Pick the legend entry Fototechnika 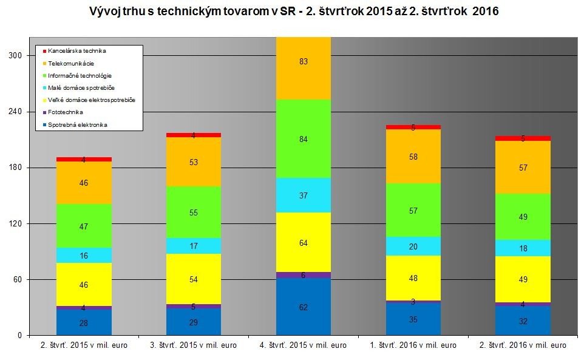coord(66,112)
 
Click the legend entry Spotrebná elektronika coord(78,125)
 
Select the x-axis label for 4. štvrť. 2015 coord(303,345)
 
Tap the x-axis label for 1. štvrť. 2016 coord(413,345)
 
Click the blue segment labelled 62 coord(303,307)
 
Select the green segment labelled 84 coord(303,139)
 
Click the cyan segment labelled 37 coord(303,195)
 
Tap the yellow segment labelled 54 coord(194,279)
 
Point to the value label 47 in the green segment coord(84,226)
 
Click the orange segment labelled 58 coord(413,157)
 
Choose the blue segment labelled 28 coord(84,323)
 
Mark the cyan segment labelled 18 coord(523,248)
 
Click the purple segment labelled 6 coord(303,275)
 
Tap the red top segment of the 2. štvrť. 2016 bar coord(523,138)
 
